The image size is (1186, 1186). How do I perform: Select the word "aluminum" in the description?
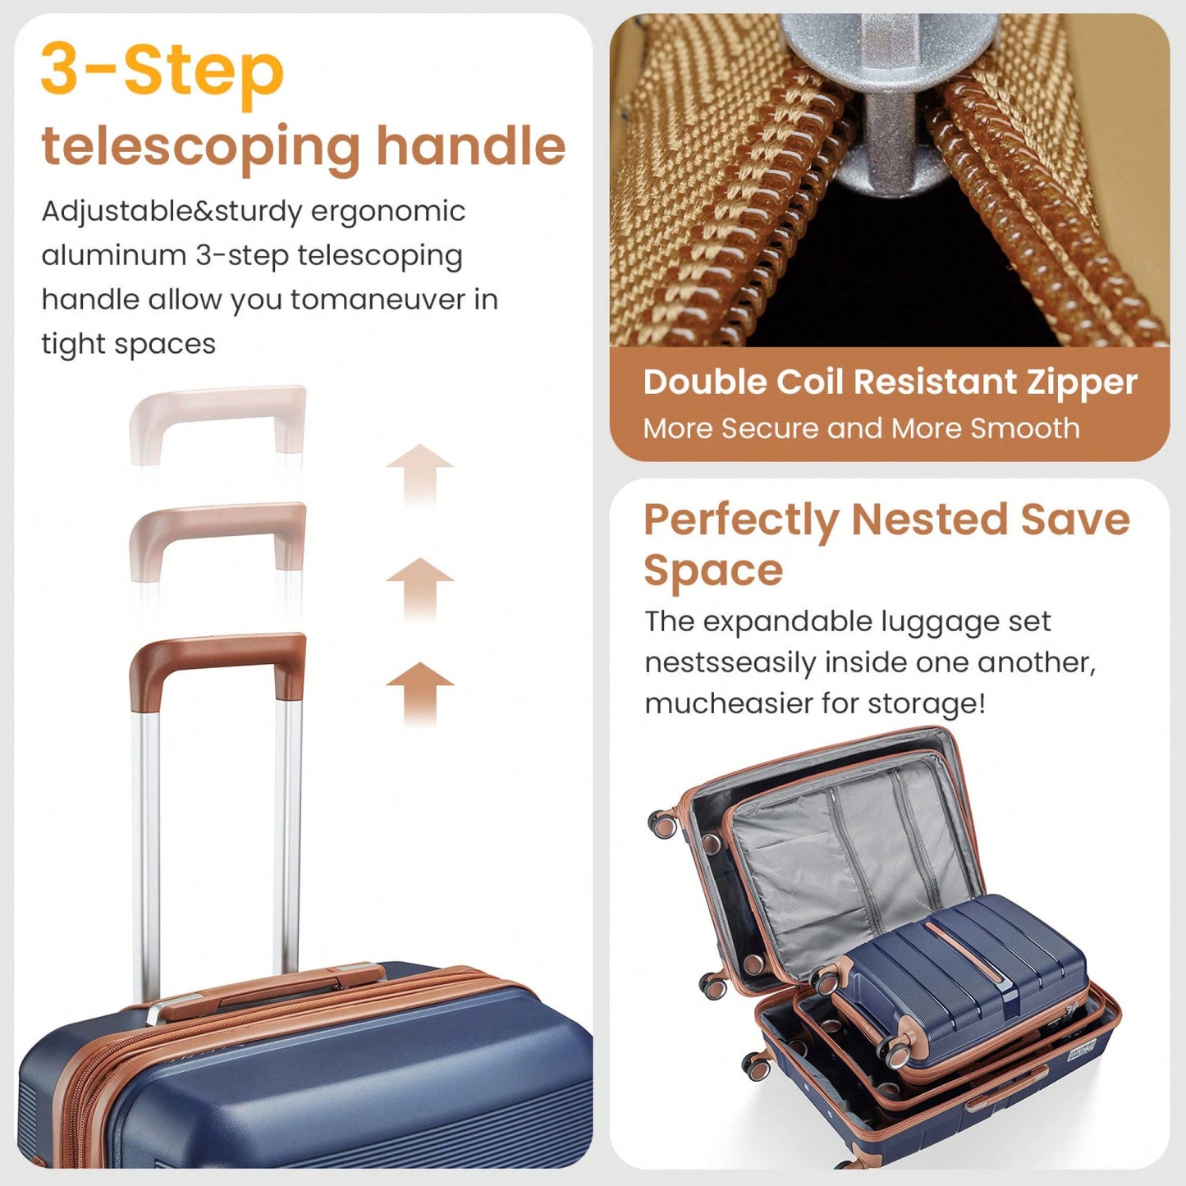(114, 254)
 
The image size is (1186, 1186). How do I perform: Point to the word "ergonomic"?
(387, 213)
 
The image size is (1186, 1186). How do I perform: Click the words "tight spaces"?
(129, 343)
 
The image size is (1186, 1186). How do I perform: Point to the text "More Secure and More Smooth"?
(862, 428)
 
